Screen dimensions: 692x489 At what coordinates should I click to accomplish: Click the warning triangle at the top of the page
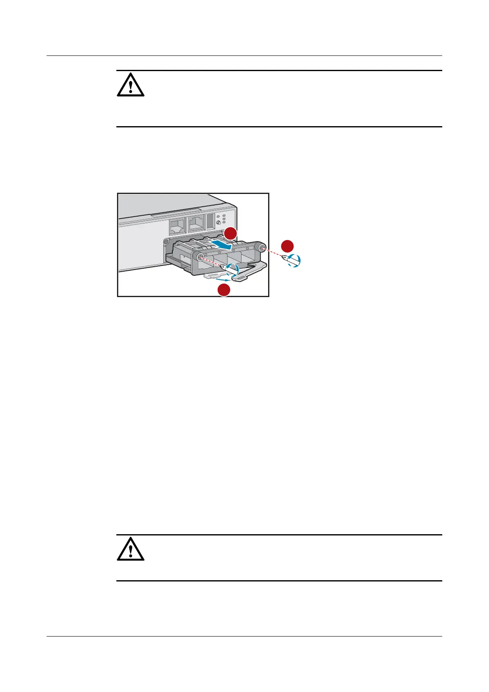coord(131,85)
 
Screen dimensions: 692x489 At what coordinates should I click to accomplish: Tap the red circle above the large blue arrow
coord(230,233)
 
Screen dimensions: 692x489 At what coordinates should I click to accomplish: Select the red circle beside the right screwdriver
coord(287,246)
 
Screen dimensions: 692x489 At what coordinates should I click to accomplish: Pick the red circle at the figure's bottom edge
coord(224,290)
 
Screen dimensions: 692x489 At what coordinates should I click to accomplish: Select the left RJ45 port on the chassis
coord(177,224)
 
